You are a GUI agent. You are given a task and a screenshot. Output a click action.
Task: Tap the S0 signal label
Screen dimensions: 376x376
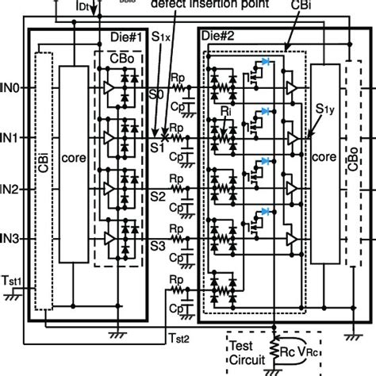159,94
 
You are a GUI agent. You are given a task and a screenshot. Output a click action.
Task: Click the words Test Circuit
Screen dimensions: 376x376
247,351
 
